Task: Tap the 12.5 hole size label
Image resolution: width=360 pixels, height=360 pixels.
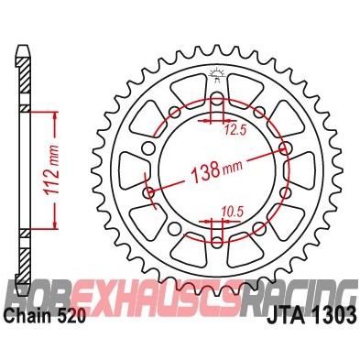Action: click(237, 131)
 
